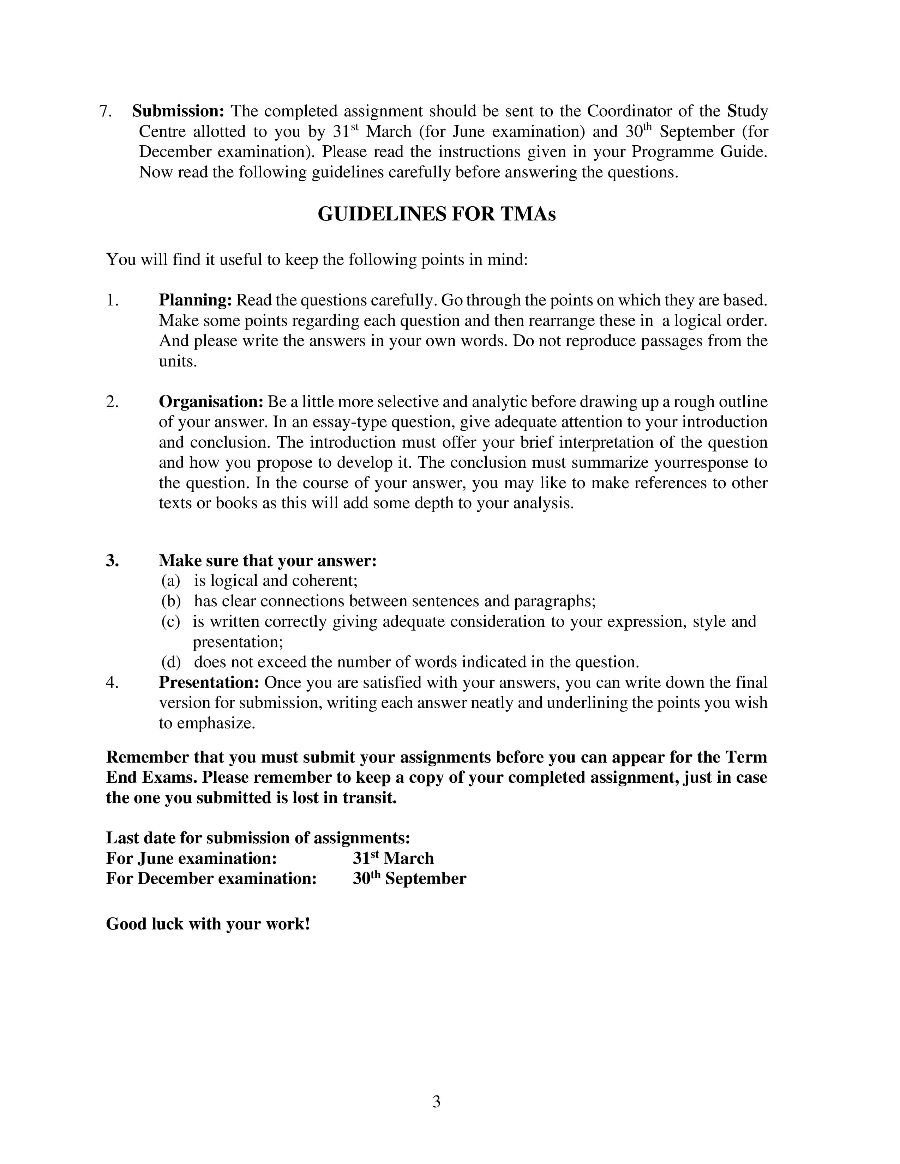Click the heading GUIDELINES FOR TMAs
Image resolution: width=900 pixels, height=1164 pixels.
coord(436,214)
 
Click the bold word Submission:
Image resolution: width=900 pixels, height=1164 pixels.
coord(178,111)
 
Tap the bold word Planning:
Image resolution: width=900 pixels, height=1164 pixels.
coord(195,301)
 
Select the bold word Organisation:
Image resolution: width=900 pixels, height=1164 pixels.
coord(211,402)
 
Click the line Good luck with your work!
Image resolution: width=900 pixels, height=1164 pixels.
coord(208,924)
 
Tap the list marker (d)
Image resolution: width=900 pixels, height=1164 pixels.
coord(170,662)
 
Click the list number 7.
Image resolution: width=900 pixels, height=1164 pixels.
coord(105,111)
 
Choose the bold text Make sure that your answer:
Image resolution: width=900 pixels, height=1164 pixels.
coord(268,561)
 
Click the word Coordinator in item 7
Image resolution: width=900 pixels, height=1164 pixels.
coord(629,111)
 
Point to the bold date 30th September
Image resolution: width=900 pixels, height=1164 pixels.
coord(409,879)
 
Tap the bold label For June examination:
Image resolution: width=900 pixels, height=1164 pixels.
coord(191,859)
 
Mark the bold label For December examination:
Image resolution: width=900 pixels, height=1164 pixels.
coord(211,879)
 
